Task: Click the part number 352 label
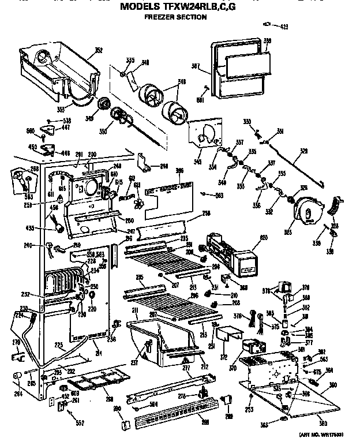(x=99, y=50)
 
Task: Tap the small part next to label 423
(x=268, y=24)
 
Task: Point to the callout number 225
(x=58, y=346)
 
